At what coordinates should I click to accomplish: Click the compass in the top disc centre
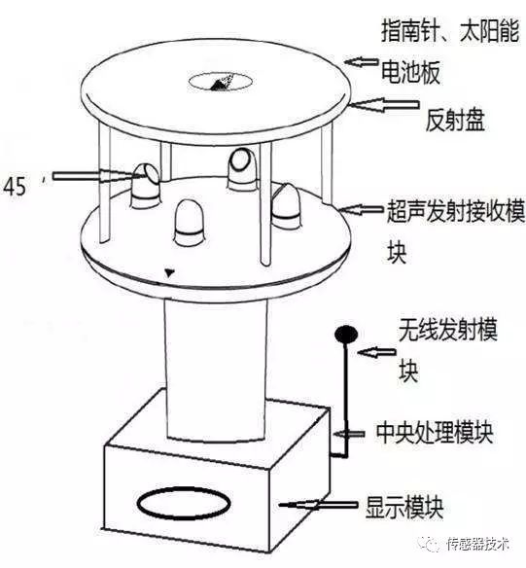(x=220, y=82)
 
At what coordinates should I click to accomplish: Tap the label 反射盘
(x=455, y=120)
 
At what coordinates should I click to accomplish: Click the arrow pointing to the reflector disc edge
(x=383, y=105)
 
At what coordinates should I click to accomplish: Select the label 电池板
(x=411, y=72)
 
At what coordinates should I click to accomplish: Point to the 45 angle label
(x=15, y=187)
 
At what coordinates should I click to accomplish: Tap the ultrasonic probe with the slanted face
(x=145, y=186)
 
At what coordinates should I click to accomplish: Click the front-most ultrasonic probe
(x=190, y=220)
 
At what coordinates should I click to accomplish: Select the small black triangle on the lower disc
(x=169, y=272)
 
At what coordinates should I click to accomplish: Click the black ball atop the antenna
(x=346, y=335)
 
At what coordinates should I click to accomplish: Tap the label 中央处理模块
(x=435, y=432)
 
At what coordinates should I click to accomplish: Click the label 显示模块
(x=404, y=508)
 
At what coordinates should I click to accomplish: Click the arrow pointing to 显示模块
(x=318, y=505)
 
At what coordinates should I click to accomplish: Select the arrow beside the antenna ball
(x=376, y=352)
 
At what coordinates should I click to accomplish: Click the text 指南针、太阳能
(x=450, y=30)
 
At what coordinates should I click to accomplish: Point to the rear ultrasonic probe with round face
(x=242, y=168)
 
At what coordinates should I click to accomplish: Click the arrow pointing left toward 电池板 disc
(x=362, y=62)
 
